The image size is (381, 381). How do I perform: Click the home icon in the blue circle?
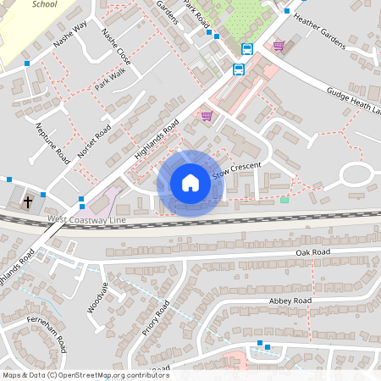[190, 183]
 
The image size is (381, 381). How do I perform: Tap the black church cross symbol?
[28, 202]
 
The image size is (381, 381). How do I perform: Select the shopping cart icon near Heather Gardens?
[279, 45]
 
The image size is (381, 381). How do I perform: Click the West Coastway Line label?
[87, 219]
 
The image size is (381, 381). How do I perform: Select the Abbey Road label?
[290, 301]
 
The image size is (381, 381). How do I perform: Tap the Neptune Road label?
[52, 141]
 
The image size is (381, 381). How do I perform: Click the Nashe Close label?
[116, 50]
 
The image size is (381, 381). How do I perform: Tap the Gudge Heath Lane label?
[356, 102]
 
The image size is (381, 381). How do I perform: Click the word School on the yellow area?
[43, 4]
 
